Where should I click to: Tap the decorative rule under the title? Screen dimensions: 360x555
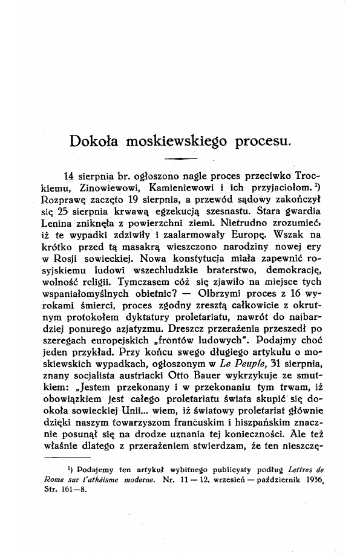(x=181, y=159)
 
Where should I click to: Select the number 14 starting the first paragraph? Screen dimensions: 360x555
(x=68, y=176)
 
